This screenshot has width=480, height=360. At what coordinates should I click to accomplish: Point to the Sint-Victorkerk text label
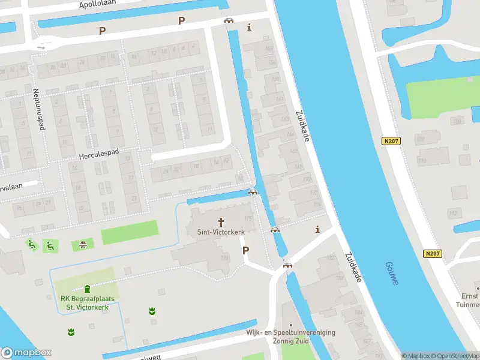[221, 231]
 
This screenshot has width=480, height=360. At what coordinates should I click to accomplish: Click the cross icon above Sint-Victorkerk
[221, 221]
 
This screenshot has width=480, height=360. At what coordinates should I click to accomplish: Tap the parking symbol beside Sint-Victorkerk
[245, 250]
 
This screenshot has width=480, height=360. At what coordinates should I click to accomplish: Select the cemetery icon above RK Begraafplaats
[88, 289]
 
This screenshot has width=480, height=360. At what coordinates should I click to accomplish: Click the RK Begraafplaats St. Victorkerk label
[87, 303]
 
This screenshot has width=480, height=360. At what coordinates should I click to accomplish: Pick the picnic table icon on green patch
[83, 244]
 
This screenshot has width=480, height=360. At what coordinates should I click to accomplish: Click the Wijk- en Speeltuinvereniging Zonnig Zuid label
[290, 337]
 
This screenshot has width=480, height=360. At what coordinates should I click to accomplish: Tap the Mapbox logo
[26, 353]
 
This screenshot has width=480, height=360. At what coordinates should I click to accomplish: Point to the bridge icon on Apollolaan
[229, 21]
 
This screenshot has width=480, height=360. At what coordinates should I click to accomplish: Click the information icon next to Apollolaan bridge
[250, 27]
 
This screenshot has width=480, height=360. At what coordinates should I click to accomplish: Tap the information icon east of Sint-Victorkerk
[317, 229]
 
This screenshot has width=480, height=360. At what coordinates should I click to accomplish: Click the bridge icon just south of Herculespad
[253, 192]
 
